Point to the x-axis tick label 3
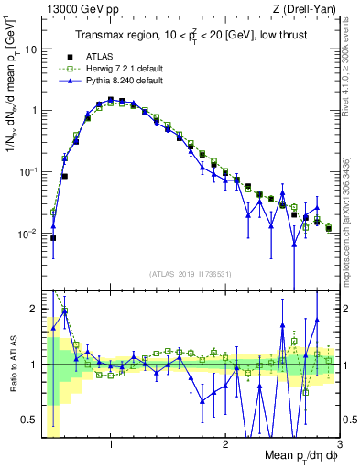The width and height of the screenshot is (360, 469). (x=339, y=444)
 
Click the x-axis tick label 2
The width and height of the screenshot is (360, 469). (x=225, y=444)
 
